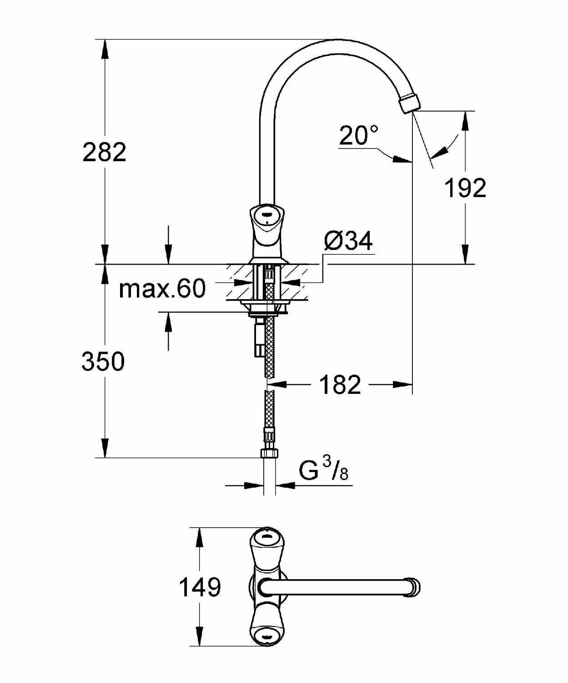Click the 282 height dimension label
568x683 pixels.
coord(105,153)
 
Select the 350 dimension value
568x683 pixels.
coord(103,362)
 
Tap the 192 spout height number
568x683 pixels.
coord(466,188)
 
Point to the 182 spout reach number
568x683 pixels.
coord(340,385)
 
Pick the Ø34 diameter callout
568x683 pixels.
coord(348,241)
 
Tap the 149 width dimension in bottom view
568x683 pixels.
coord(200,587)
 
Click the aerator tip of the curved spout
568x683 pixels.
coord(410,102)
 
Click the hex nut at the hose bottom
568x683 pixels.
coord(269,453)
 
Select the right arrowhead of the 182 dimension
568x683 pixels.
coord(402,385)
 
